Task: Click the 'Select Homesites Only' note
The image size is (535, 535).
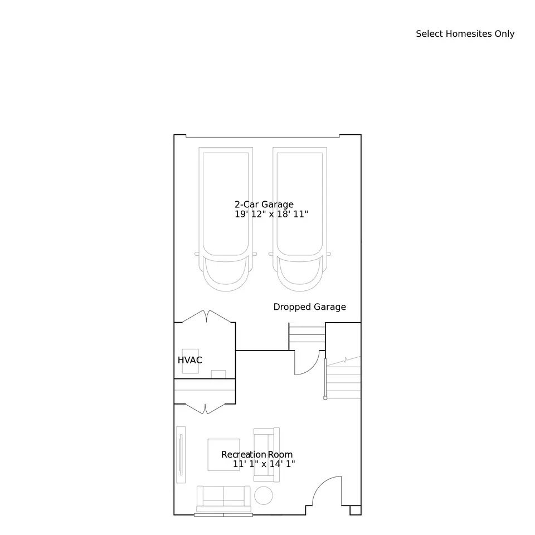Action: coord(465,34)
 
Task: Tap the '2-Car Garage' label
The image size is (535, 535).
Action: coord(264,205)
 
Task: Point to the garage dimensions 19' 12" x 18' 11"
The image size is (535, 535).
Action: coord(271,214)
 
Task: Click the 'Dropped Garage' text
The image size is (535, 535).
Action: coord(309,307)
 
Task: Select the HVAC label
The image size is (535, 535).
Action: coord(189,360)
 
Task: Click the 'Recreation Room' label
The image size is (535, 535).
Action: coord(257,455)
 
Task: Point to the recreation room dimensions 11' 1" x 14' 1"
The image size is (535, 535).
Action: coord(264,464)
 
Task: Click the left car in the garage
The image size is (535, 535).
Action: coord(226,219)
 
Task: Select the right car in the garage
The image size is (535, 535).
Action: coord(300,219)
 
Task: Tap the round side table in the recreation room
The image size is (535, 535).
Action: coord(264,495)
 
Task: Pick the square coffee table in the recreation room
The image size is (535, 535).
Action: coord(224,455)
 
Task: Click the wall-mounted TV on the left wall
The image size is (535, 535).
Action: coord(181,455)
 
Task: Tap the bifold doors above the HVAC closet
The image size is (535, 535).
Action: coord(206,315)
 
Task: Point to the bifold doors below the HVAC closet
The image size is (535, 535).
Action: coord(205,408)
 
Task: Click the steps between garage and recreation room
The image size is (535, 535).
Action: coord(307,335)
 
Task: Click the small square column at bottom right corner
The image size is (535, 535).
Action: coord(356,510)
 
